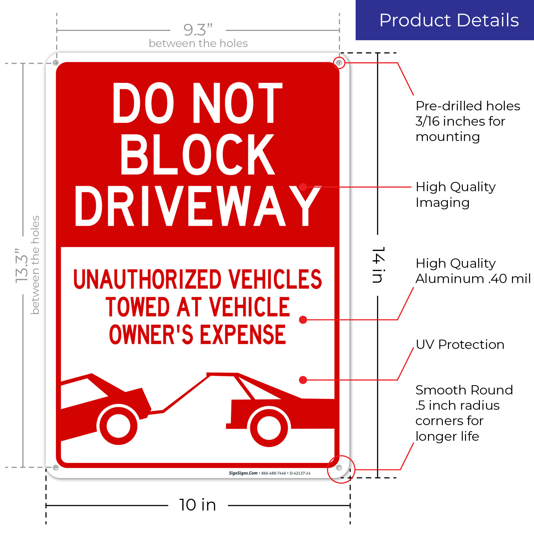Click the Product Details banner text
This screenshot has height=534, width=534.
(449, 20)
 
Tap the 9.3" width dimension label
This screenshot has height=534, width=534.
(198, 30)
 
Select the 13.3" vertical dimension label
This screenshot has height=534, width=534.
(21, 265)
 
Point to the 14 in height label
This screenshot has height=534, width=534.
(378, 265)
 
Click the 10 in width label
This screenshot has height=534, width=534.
(198, 505)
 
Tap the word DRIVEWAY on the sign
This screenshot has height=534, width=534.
(198, 206)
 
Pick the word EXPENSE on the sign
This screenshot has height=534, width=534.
(243, 335)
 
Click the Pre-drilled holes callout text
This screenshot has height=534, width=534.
(467, 121)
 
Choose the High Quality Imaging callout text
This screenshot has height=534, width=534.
(455, 194)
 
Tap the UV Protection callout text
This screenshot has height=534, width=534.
(460, 344)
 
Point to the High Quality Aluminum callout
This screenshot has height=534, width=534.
(473, 271)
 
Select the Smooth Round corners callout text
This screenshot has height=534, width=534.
(464, 413)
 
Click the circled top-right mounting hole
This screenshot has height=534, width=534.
(339, 63)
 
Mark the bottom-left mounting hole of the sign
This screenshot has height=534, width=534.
(56, 467)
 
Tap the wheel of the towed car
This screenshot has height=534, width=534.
(118, 425)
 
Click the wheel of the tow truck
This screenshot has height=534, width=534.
(269, 427)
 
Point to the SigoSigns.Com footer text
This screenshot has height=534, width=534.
(243, 473)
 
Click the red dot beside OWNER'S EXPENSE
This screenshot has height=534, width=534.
(303, 320)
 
